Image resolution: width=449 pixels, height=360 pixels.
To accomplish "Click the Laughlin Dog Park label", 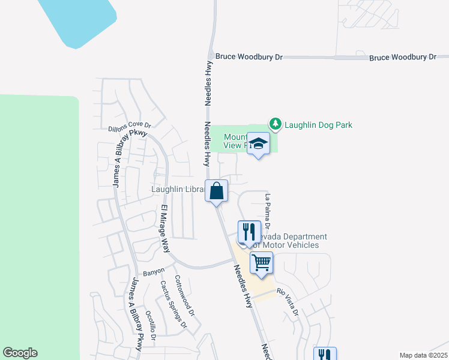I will [318, 125].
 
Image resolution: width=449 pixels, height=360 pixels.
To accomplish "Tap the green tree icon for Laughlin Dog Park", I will [276, 124].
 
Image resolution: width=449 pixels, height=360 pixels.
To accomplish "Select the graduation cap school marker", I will [259, 144].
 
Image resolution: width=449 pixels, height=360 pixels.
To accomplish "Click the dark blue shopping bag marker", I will [217, 191].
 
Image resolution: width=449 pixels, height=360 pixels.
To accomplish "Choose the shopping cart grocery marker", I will [262, 263].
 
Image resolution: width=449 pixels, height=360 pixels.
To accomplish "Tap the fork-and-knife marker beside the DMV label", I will [249, 232].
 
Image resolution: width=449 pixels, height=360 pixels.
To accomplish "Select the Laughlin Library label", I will [178, 189].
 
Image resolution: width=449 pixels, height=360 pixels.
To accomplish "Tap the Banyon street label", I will [154, 271].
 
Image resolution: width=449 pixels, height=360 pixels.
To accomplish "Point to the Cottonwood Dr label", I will [184, 295].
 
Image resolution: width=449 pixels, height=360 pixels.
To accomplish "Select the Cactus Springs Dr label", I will [173, 304].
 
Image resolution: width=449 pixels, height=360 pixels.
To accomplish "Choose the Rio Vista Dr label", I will [288, 302].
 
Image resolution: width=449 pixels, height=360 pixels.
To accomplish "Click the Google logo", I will [20, 353].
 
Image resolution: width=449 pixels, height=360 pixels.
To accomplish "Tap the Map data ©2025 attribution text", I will [423, 355].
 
